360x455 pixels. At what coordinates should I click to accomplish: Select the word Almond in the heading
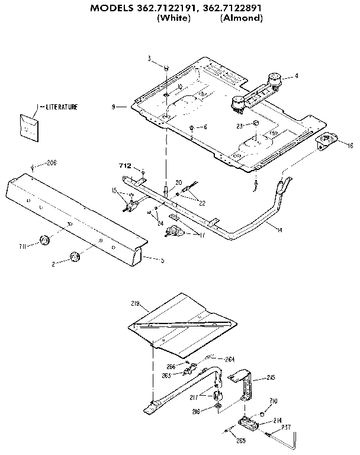click(241, 18)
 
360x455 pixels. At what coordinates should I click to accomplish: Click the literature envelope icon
click(28, 126)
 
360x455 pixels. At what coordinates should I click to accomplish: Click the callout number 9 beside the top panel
click(112, 107)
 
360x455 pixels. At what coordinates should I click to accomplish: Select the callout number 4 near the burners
click(296, 76)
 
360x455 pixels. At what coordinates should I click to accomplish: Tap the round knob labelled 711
click(44, 240)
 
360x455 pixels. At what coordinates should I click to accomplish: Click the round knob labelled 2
click(75, 256)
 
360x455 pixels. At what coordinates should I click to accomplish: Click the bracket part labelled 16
click(326, 142)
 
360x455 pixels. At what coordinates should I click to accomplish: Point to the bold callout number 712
click(126, 166)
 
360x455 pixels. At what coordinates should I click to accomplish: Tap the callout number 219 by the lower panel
click(134, 303)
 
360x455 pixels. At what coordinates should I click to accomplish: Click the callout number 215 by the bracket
click(271, 377)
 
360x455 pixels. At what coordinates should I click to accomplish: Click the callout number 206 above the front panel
click(52, 162)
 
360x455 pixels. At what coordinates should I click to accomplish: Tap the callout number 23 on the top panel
click(240, 125)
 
